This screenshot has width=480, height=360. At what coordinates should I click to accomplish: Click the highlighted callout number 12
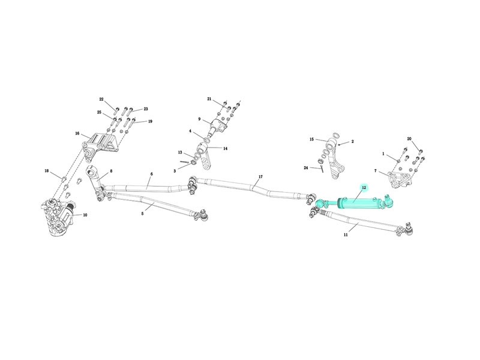point(364,187)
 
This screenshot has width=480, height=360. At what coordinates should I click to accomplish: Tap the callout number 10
point(85,215)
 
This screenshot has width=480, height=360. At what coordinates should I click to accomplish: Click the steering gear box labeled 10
point(58,217)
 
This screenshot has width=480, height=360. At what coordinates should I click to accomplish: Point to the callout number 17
point(260,176)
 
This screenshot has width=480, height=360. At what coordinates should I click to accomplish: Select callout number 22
point(101,99)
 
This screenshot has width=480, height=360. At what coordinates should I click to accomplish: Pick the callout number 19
point(150,121)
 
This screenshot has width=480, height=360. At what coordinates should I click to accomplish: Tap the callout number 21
point(209,99)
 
